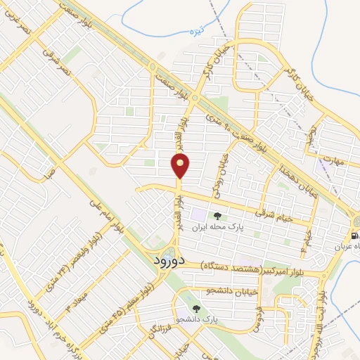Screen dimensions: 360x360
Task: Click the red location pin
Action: [181, 166]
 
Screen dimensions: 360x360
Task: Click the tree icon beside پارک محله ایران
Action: [217, 215]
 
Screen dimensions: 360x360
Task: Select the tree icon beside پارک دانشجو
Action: [197, 309]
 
